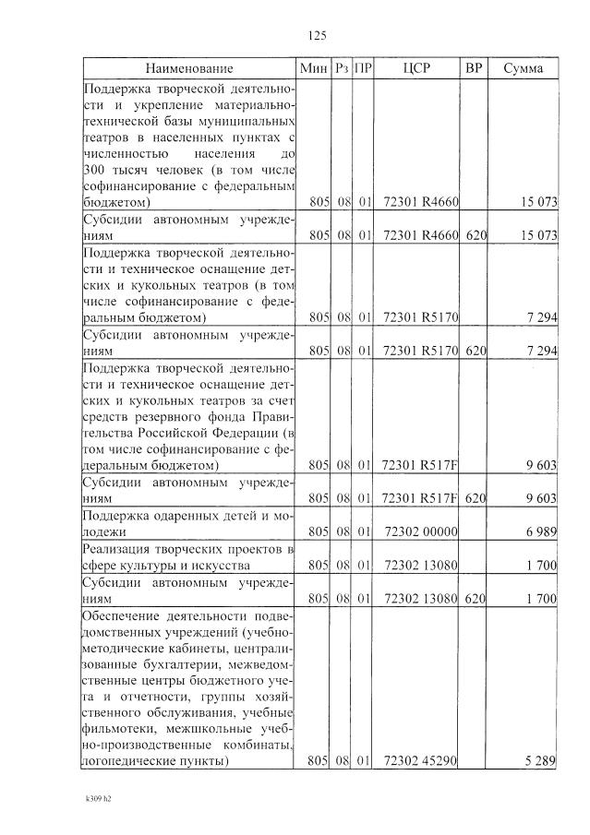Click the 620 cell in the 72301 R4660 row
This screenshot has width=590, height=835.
pos(476,235)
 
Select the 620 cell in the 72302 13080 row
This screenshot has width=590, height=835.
pos(476,599)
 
